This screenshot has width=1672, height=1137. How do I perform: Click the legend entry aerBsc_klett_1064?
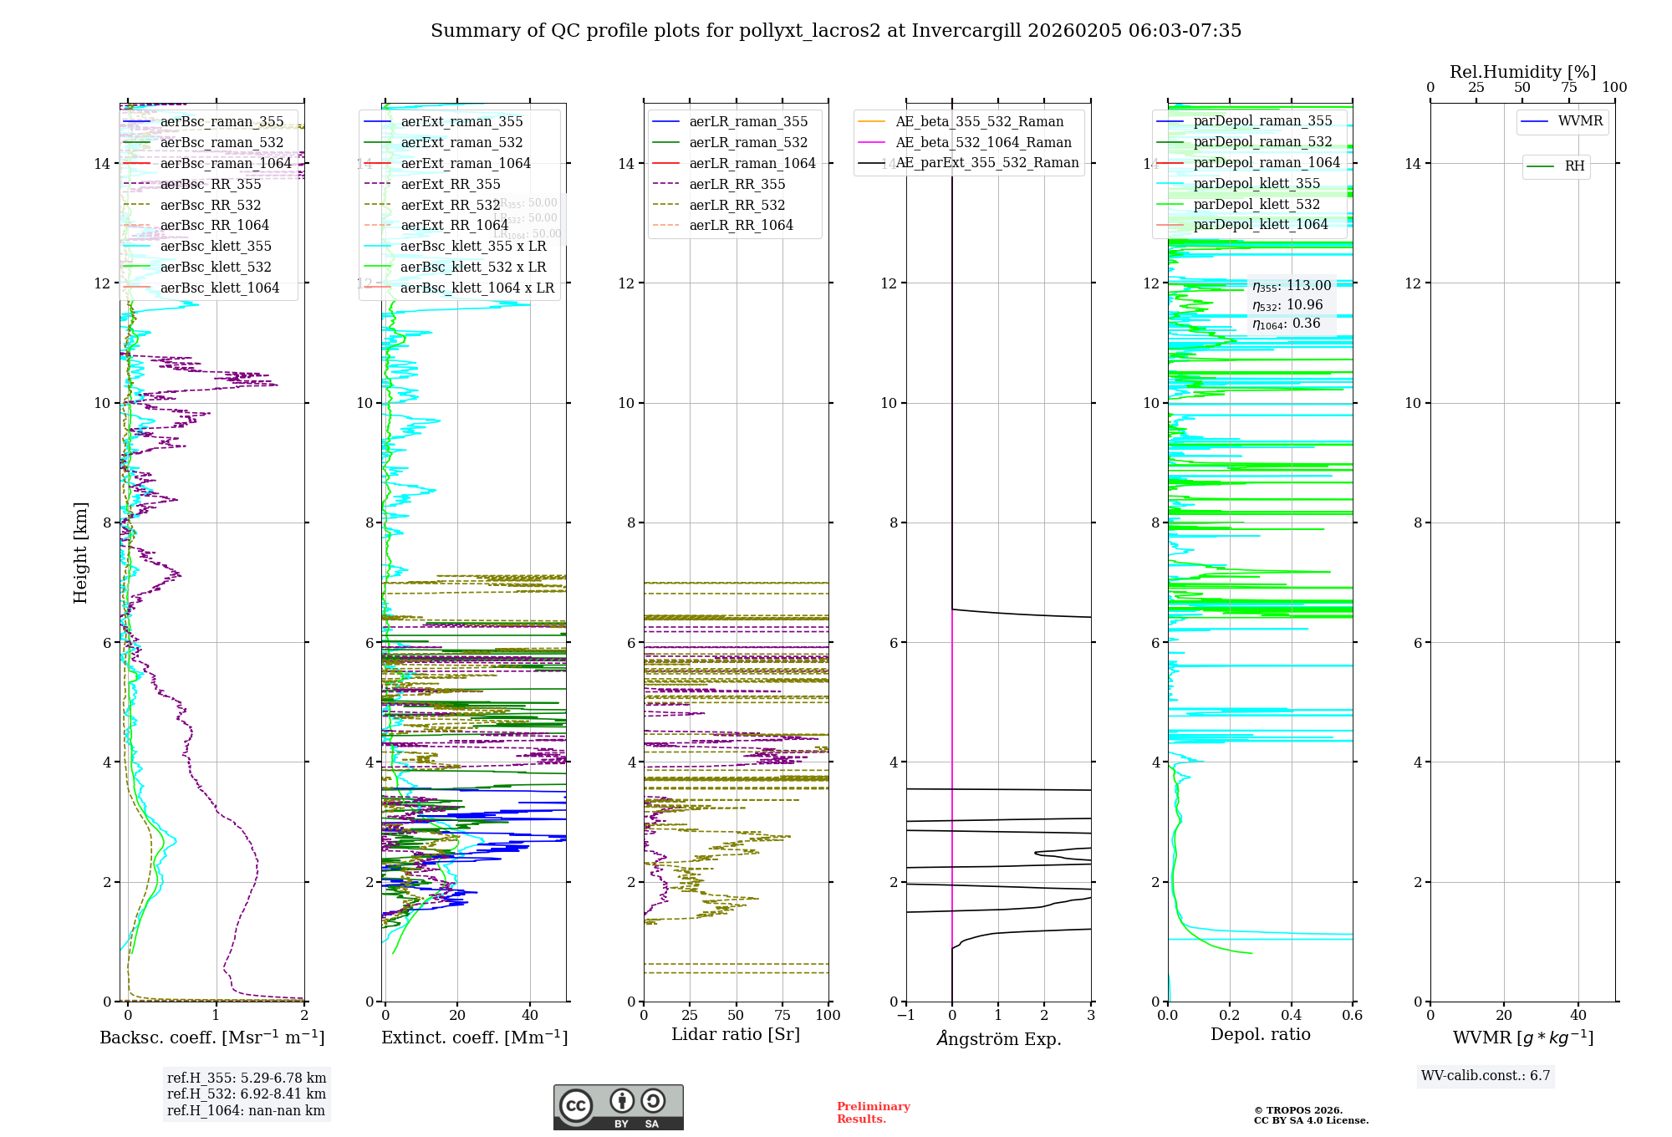[219, 288]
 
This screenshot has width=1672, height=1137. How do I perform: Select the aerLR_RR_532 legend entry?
[737, 205]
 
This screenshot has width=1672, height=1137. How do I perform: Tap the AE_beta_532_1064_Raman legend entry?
[983, 142]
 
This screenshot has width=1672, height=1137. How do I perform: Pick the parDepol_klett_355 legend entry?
[1257, 183]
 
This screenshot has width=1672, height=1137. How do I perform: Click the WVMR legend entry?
[1580, 121]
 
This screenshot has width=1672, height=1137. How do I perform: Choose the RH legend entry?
[1574, 166]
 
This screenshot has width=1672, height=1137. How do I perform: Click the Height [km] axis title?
[80, 553]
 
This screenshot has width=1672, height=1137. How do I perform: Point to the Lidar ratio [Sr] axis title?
[736, 1034]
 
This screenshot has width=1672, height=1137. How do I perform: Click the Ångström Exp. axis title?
[999, 1038]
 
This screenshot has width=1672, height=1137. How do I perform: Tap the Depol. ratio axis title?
[1260, 1034]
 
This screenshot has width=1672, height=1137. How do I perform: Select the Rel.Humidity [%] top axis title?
[1522, 72]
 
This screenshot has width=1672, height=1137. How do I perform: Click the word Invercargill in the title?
[966, 31]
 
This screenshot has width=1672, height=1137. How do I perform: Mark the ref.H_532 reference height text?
[247, 1094]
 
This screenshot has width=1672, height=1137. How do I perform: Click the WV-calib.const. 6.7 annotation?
[1486, 1075]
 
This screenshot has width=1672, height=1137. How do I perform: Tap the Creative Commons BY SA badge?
[618, 1108]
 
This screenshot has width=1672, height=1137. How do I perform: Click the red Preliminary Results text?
[873, 1112]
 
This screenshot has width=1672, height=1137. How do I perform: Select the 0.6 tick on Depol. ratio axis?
[1352, 1015]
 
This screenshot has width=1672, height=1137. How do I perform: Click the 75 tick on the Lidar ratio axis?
[782, 1015]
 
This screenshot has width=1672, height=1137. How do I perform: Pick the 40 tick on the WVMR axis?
[1578, 1015]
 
